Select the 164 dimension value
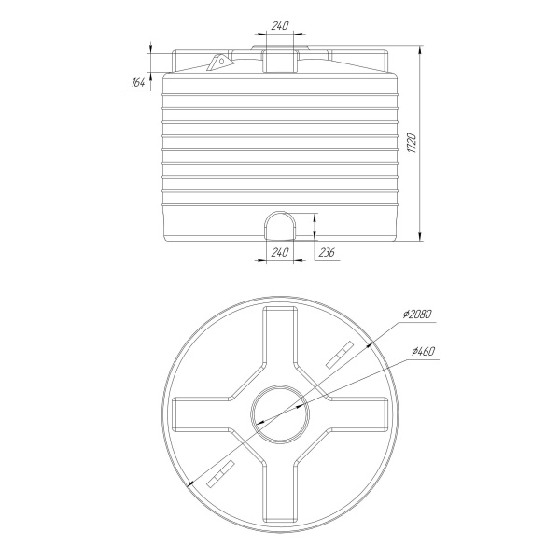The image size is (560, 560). click(138, 83)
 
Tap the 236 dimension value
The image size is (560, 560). click(327, 252)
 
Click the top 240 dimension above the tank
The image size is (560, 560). click(280, 26)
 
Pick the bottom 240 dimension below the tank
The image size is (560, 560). click(280, 252)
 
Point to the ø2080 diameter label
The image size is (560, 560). click(417, 315)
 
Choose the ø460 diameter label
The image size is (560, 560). click(423, 352)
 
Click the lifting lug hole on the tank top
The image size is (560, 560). click(221, 61)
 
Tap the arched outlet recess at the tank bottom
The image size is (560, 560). click(280, 212)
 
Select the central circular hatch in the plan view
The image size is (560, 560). click(280, 386)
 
